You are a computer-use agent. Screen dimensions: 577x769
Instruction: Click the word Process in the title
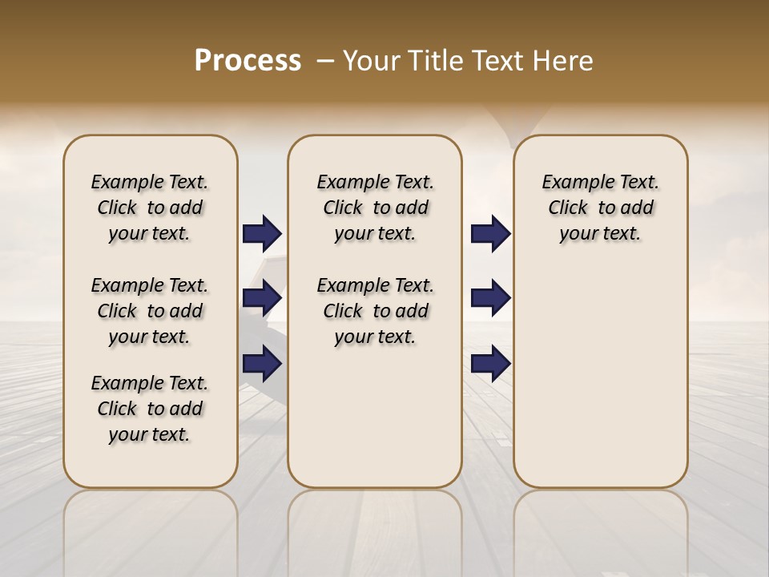[x=248, y=61]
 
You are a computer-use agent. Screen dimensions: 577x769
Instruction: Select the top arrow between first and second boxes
[x=262, y=233]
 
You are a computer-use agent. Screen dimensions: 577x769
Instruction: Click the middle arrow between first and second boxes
[x=262, y=299]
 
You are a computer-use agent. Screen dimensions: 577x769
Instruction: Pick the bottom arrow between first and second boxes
[x=262, y=364]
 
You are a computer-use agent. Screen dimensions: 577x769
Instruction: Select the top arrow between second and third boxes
[x=490, y=233]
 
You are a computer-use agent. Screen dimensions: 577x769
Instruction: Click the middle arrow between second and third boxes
[x=490, y=299]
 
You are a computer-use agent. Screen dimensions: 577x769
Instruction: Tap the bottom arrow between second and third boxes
[x=490, y=364]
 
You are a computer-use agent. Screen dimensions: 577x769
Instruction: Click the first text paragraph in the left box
[x=150, y=208]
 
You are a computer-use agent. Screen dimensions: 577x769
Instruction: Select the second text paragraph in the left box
[x=150, y=311]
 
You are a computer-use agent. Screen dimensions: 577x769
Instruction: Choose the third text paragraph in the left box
[x=150, y=409]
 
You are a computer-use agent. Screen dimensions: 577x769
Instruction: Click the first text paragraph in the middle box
[x=376, y=208]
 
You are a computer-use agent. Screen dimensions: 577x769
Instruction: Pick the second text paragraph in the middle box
[x=376, y=311]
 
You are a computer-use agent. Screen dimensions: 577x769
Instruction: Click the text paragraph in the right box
[x=601, y=208]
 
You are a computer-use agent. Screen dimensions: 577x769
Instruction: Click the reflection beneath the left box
[x=151, y=529]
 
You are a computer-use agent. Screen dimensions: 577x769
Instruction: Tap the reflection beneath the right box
[x=601, y=529]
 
